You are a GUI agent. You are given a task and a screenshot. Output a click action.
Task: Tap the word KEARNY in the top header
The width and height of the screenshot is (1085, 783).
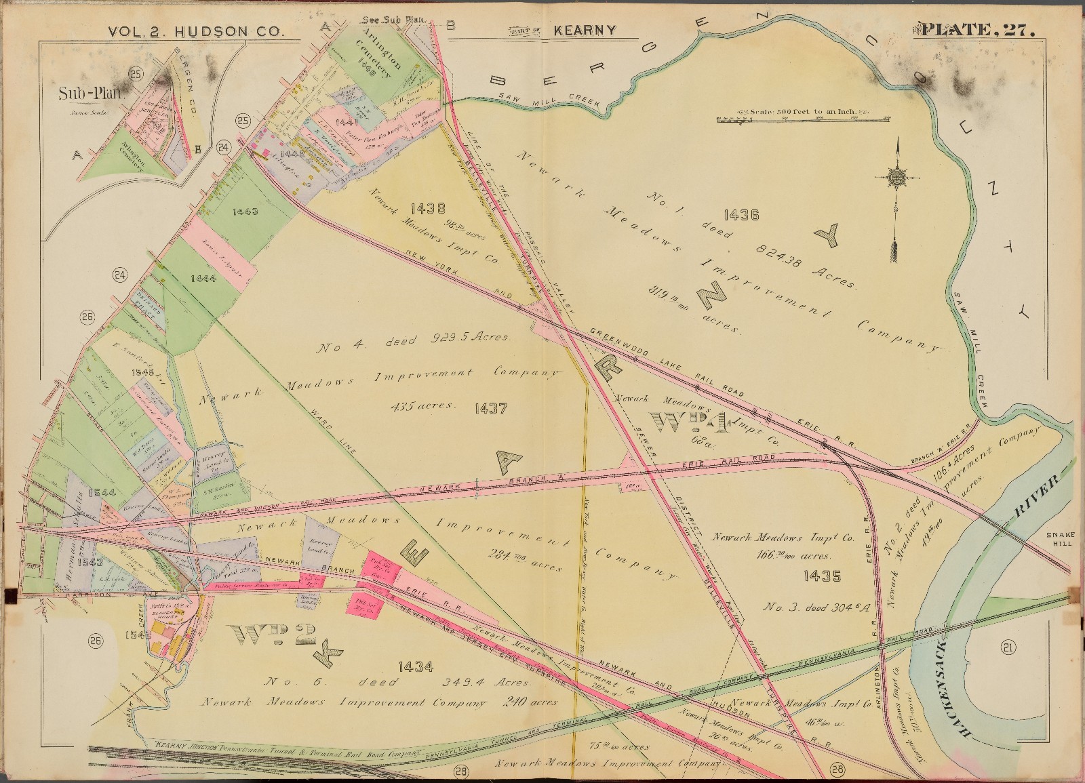584,30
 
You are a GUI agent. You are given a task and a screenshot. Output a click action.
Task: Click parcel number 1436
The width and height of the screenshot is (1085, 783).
741,216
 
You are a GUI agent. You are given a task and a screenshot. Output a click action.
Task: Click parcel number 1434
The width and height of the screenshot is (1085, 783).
416,666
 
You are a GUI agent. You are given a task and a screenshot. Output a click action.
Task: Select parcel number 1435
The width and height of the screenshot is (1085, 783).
822,577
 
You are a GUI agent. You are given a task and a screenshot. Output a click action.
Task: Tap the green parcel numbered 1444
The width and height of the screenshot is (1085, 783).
203,279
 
